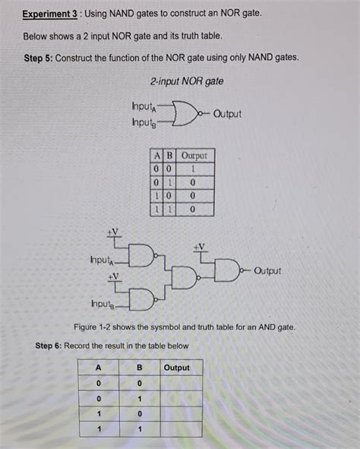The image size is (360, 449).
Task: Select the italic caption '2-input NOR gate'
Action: coord(186,81)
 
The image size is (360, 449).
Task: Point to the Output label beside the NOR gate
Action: coord(227,114)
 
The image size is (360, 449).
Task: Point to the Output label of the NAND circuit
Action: coord(267,270)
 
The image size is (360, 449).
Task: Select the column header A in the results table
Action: coord(98,368)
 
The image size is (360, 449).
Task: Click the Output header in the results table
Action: coord(177,368)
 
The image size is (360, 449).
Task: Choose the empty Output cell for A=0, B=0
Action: coord(181,383)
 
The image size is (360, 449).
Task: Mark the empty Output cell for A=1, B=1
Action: coord(181,429)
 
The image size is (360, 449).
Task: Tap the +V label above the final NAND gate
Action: coord(199,247)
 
